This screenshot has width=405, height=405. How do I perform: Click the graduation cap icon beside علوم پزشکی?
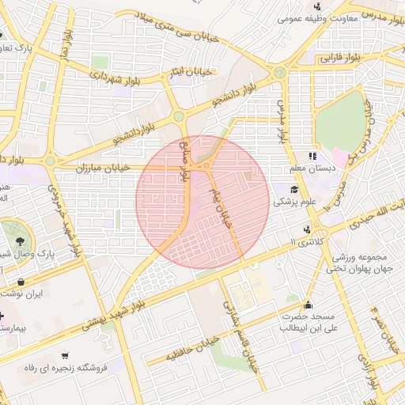pyautogui.click(x=295, y=189)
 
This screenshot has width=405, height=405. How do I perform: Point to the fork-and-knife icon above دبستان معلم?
pyautogui.click(x=313, y=156)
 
